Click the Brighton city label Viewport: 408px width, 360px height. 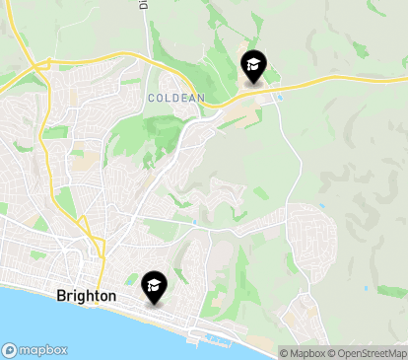87,295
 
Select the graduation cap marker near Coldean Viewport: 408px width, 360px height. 253,67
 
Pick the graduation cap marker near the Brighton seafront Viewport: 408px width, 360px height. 154,287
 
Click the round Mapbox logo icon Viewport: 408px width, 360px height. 10,350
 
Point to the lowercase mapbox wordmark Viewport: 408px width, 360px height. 43,350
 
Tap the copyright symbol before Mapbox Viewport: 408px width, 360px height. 284,353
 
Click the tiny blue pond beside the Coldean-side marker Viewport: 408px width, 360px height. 281,97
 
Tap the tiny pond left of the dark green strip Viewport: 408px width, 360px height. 365,288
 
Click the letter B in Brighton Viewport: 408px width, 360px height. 61,295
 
